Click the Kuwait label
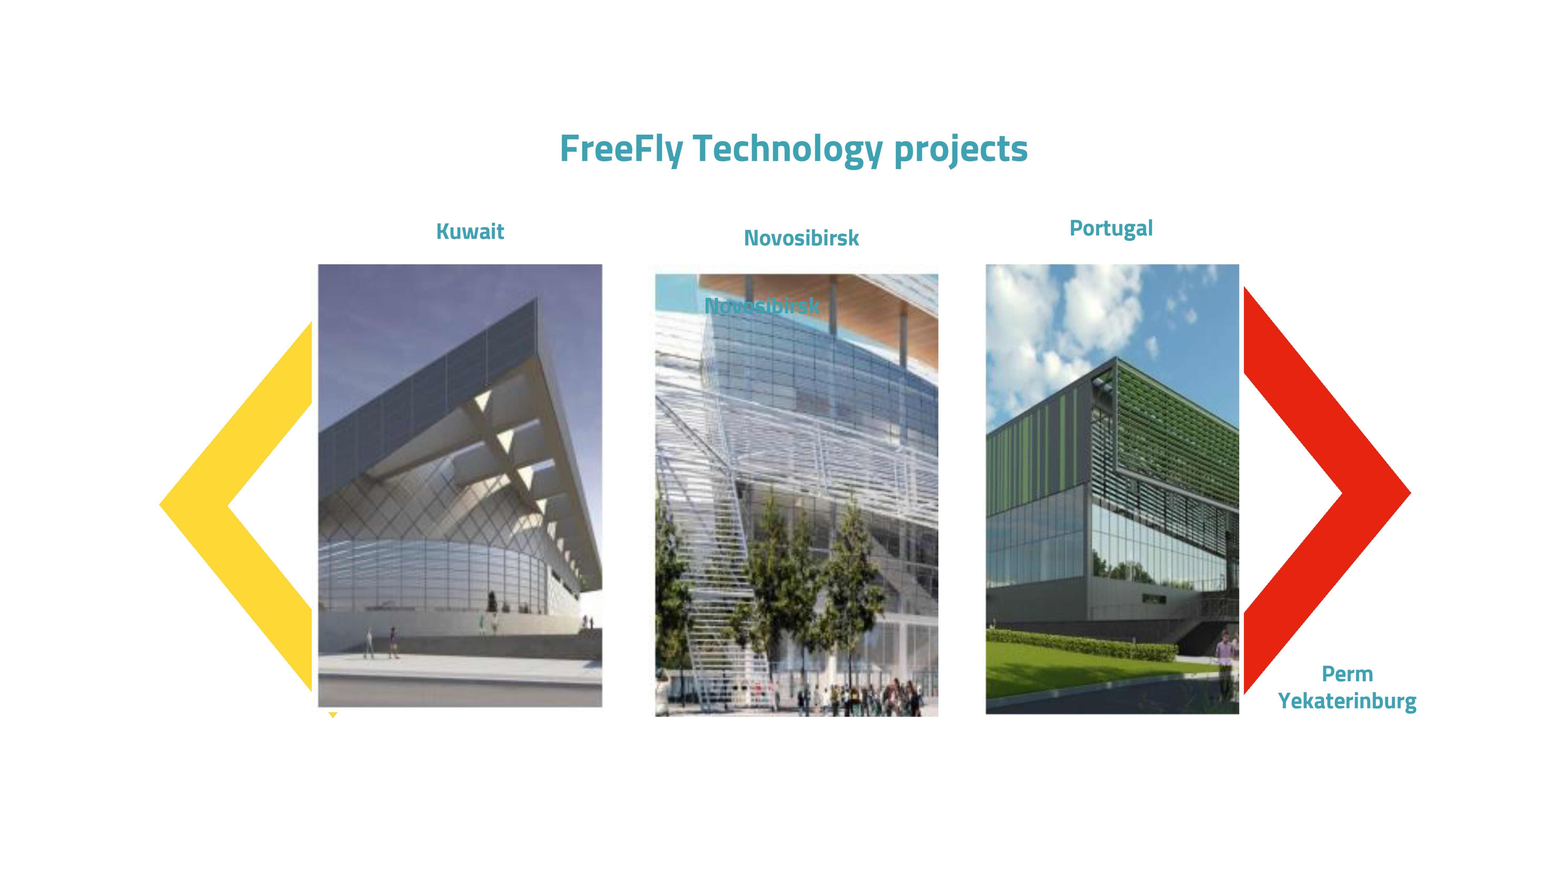pyautogui.click(x=470, y=231)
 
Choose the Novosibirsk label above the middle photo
pyautogui.click(x=801, y=238)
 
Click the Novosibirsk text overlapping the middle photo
pyautogui.click(x=762, y=306)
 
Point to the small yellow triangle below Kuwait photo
pyautogui.click(x=333, y=715)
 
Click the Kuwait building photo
pyautogui.click(x=460, y=485)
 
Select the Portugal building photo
pyautogui.click(x=1112, y=489)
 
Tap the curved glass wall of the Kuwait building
pyautogui.click(x=434, y=575)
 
